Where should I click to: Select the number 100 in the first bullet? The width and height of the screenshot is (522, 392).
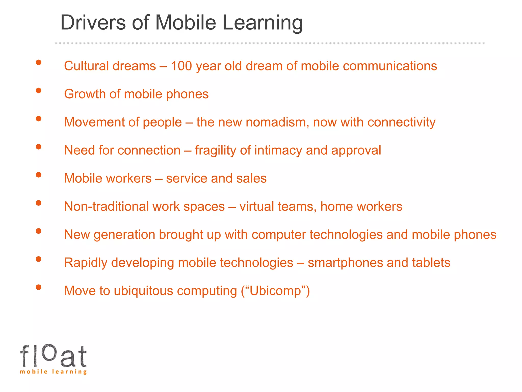click(x=181, y=66)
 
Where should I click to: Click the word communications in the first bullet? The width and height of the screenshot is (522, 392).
click(x=390, y=66)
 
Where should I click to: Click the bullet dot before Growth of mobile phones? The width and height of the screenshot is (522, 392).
click(x=38, y=91)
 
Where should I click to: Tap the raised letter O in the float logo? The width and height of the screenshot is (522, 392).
click(x=48, y=352)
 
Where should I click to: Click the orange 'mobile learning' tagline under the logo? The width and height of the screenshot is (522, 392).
click(x=53, y=372)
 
